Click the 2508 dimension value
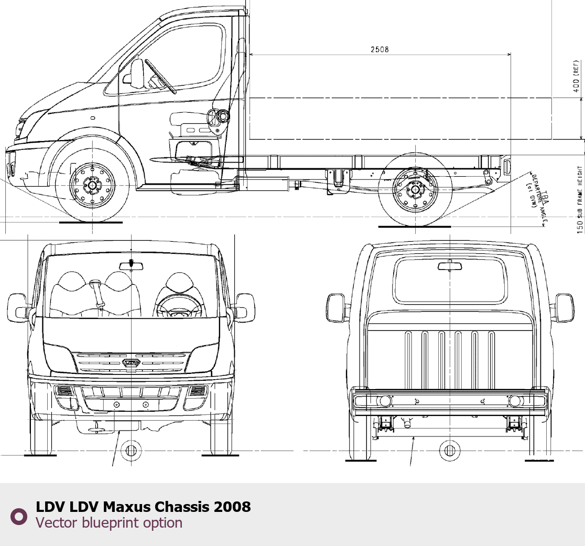click(x=380, y=49)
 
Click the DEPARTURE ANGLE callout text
click(x=538, y=198)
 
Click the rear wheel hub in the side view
click(x=415, y=189)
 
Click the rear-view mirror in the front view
click(x=131, y=265)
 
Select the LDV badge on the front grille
click(x=131, y=362)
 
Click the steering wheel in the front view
click(x=179, y=307)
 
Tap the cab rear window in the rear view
click(x=450, y=281)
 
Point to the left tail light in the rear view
click(x=385, y=401)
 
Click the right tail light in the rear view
click(x=515, y=401)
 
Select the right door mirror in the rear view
click(x=564, y=307)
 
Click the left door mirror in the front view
click(x=17, y=307)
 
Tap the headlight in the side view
click(x=21, y=127)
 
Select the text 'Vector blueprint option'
click(x=109, y=523)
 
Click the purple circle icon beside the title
click(x=19, y=516)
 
